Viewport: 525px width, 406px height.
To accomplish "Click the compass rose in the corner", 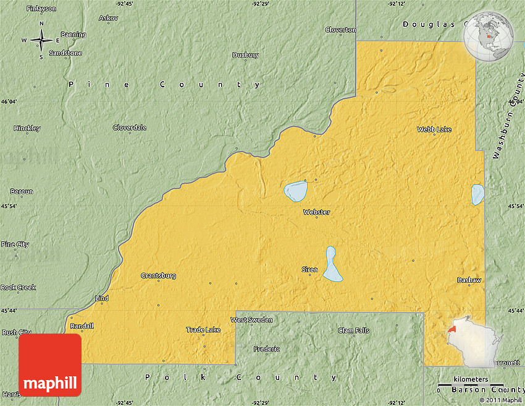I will pyautogui.click(x=41, y=40).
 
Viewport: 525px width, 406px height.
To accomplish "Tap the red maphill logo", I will pyautogui.click(x=50, y=365).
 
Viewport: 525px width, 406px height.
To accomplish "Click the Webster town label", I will pyautogui.click(x=316, y=212).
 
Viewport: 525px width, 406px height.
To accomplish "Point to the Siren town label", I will pyautogui.click(x=309, y=269).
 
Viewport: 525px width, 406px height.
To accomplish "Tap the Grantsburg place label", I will pyautogui.click(x=158, y=275).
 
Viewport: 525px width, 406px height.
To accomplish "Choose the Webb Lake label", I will pyautogui.click(x=434, y=129).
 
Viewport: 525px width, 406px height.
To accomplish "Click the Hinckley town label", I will pyautogui.click(x=27, y=128).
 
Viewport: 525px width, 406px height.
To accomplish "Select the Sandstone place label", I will pyautogui.click(x=65, y=53).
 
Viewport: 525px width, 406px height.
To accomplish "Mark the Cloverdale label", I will pyautogui.click(x=130, y=127).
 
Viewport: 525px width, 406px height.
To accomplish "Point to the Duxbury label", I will pyautogui.click(x=245, y=55).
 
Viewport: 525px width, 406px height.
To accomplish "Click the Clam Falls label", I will pyautogui.click(x=353, y=330).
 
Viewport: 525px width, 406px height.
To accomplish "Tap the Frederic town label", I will pyautogui.click(x=266, y=349).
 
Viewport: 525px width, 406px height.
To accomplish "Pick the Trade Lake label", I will pyautogui.click(x=203, y=330).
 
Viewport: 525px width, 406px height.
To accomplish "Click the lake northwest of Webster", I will pyautogui.click(x=295, y=191).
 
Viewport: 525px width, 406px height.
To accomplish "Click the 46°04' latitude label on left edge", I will pyautogui.click(x=9, y=101).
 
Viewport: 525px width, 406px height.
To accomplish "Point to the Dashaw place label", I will pyautogui.click(x=469, y=280).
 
